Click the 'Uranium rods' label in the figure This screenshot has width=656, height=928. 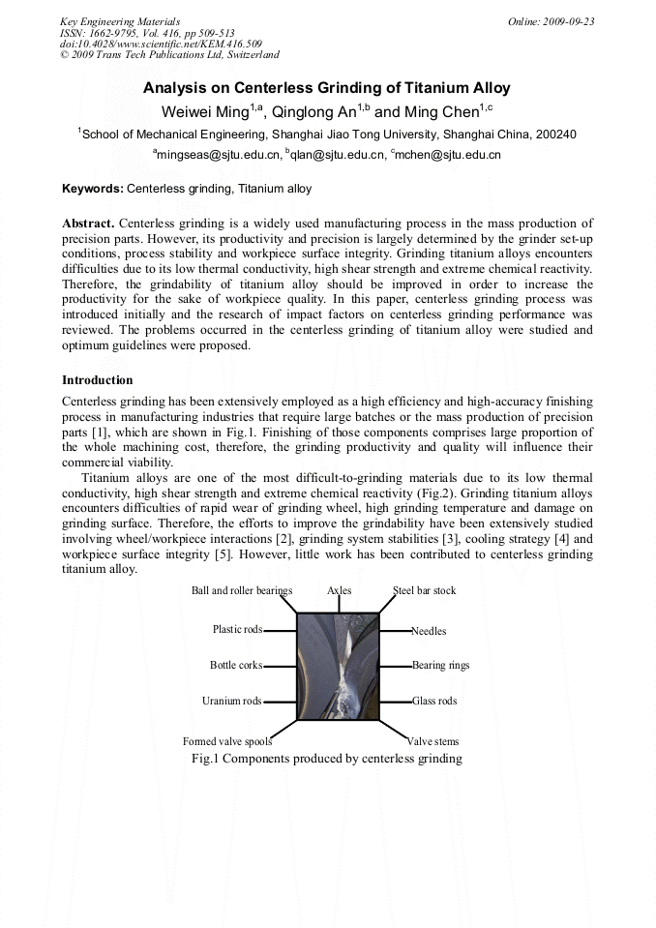coord(231,701)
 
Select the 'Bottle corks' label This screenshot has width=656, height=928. coord(236,666)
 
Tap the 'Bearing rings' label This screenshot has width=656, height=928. coord(440,666)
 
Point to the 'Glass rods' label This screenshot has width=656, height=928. coord(434,701)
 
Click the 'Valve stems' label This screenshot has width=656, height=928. coord(432,742)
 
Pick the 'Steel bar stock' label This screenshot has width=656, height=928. coord(424,590)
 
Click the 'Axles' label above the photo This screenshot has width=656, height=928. coord(340,590)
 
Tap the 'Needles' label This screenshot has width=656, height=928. coord(429,631)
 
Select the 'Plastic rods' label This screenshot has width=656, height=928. coord(237,630)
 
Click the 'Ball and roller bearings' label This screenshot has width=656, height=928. coord(242,590)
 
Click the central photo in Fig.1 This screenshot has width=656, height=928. coord(338,667)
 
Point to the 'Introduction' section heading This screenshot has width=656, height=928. coord(98,380)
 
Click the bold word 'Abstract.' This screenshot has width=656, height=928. coord(88,224)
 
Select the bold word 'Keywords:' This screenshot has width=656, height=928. coord(93,188)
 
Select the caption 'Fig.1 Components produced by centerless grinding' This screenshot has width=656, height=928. coord(327,759)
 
